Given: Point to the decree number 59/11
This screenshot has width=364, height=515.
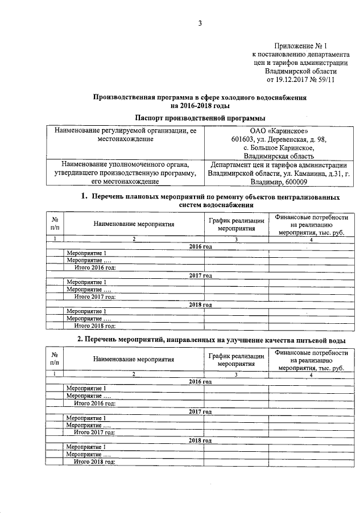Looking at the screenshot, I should tap(325, 80).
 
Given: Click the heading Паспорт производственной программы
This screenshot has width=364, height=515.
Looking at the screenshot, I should tap(200, 118).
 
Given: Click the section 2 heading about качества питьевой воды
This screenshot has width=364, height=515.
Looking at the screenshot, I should tap(211, 340).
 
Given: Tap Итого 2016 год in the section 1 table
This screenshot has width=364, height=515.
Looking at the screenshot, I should tap(95, 267).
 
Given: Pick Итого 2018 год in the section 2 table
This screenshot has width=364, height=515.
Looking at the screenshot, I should tap(95, 462).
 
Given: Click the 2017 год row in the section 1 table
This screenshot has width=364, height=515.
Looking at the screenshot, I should tap(200, 275).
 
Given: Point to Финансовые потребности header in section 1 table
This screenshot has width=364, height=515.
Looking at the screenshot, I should tap(310, 218).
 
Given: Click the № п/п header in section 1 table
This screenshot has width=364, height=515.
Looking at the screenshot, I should tap(55, 223).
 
